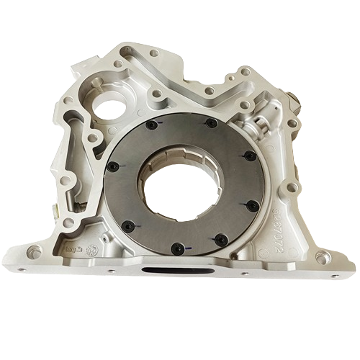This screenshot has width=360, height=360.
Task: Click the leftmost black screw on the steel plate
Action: (x=112, y=167)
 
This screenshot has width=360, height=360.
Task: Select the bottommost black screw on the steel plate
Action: (x=177, y=249)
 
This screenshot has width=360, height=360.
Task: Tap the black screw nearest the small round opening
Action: (x=152, y=125)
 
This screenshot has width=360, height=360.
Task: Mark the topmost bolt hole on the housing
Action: (x=153, y=52)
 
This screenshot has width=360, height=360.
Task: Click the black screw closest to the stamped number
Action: (x=252, y=205)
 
